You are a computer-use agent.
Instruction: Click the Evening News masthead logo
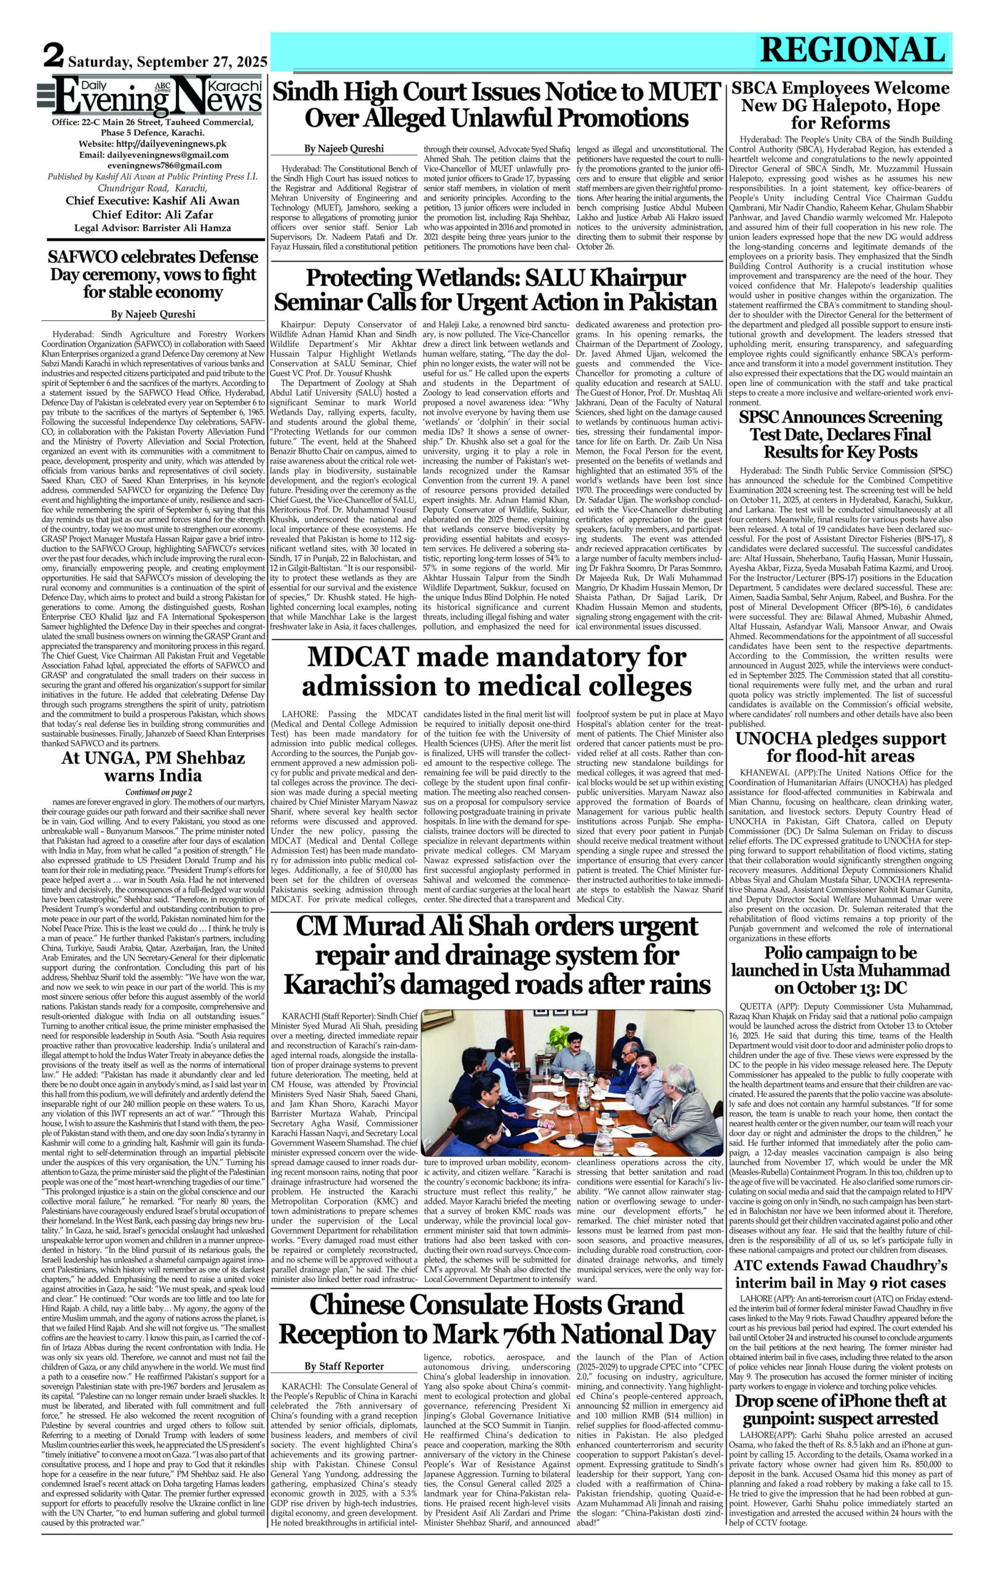click(x=157, y=97)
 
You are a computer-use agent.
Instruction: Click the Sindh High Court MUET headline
click(x=496, y=105)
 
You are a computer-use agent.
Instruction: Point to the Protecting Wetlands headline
click(x=496, y=290)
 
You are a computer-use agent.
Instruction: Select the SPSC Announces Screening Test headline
click(x=840, y=434)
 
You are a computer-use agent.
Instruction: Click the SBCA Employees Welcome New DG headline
click(x=840, y=105)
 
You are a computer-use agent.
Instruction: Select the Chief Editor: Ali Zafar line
click(x=153, y=215)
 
